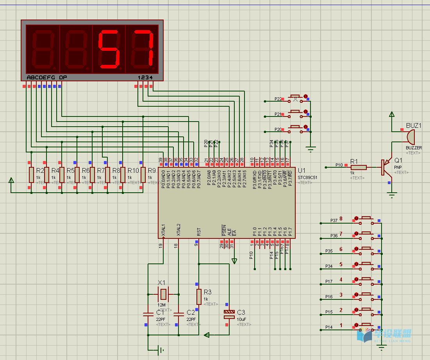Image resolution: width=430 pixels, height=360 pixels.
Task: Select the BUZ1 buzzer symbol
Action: [x=410, y=137]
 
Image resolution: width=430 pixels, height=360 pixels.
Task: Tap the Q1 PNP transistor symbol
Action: [x=386, y=167]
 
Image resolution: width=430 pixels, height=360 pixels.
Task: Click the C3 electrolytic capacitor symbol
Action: [x=229, y=314]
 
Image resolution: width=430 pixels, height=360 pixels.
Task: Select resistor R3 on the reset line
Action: [x=199, y=297]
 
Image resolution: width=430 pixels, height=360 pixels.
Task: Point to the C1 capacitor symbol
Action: [x=148, y=314]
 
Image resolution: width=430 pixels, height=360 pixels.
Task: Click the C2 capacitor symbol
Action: [x=178, y=314]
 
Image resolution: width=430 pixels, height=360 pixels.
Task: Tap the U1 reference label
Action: [x=302, y=171]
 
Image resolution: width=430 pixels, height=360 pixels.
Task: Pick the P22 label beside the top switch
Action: [x=278, y=99]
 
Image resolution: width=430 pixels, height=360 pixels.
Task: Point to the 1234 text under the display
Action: [x=145, y=77]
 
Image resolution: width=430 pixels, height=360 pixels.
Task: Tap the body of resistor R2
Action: [x=31, y=175]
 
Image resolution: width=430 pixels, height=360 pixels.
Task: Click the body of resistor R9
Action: [x=143, y=175]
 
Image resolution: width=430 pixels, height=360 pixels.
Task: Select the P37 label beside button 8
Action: [x=334, y=220]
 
